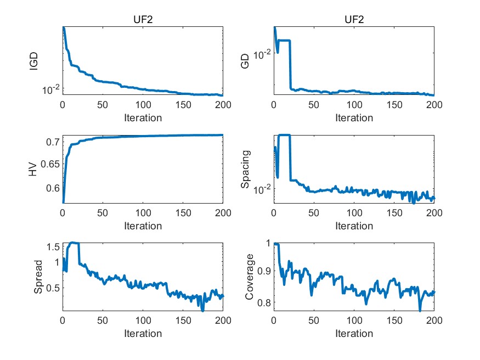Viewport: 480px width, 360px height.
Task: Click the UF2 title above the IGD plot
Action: [x=143, y=20]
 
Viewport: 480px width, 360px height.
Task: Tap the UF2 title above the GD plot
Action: [x=354, y=20]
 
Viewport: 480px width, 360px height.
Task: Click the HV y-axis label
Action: [x=35, y=170]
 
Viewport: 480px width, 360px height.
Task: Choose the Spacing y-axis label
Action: [x=246, y=170]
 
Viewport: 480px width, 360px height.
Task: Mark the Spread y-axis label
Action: [x=38, y=278]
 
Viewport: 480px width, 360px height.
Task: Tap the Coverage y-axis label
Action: [x=250, y=278]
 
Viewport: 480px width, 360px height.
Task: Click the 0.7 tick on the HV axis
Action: [x=52, y=143]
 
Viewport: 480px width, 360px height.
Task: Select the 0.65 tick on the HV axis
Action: [x=50, y=165]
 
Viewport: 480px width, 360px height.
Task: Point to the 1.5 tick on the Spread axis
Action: [x=52, y=247]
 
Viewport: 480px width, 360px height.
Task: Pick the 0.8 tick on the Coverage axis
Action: [x=263, y=302]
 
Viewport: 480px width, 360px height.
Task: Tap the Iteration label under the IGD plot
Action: [x=143, y=117]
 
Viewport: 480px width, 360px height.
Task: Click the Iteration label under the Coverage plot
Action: [x=354, y=334]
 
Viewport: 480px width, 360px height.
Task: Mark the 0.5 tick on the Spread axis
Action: [x=52, y=288]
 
